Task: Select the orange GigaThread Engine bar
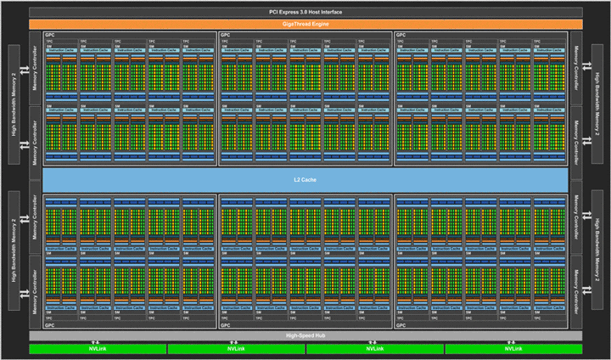tap(305, 25)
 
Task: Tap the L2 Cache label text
tap(305, 180)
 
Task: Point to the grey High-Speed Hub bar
tap(305, 335)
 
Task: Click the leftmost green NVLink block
tap(97, 349)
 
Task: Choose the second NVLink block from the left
tap(235, 349)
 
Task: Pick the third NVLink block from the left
tap(374, 349)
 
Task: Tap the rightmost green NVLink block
tap(513, 349)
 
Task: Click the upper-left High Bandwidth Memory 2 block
tap(14, 102)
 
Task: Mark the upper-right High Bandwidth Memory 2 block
tap(597, 102)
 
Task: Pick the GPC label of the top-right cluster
tap(400, 35)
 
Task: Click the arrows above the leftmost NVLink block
tap(97, 340)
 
